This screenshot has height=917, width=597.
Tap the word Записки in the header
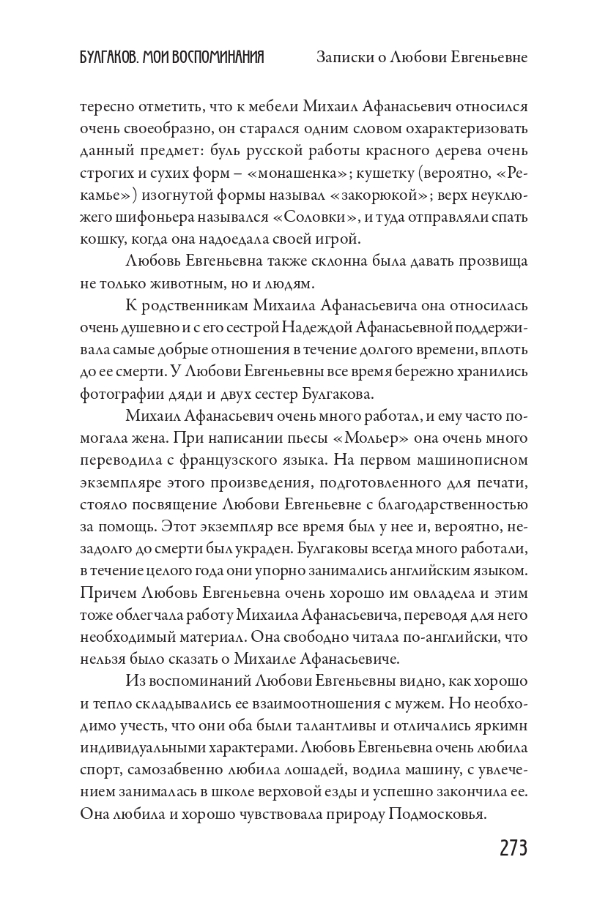coord(343,58)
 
